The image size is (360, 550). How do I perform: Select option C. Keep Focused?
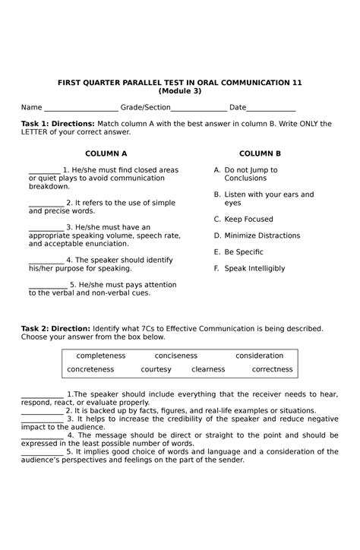pos(243,220)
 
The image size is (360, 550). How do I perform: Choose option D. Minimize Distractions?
pos(257,236)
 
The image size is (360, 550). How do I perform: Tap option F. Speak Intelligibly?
pos(249,268)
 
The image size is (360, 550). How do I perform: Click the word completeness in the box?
pos(100,356)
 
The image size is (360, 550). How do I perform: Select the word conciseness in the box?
pos(175,356)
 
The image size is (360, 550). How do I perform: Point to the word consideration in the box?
pos(259,356)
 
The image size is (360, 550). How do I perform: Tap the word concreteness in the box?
pos(90,370)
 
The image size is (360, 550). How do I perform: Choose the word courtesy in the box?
pos(156,370)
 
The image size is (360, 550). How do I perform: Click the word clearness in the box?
pos(208,370)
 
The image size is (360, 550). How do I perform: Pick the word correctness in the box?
pos(272,370)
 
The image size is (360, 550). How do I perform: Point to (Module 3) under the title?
pos(180,91)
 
